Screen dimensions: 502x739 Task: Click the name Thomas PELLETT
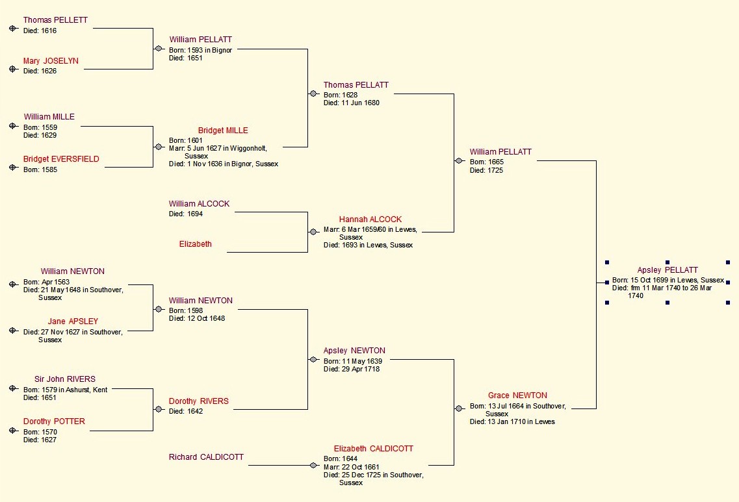pyautogui.click(x=55, y=20)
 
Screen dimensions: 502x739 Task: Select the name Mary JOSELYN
pyautogui.click(x=51, y=61)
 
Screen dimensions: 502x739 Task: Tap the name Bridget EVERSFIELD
pyautogui.click(x=61, y=159)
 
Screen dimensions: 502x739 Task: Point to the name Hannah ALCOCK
pyautogui.click(x=370, y=220)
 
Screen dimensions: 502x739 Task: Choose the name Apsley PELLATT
pyautogui.click(x=668, y=270)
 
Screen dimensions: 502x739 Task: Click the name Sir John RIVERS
pyautogui.click(x=65, y=379)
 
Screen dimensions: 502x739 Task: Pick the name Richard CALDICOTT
pyautogui.click(x=206, y=457)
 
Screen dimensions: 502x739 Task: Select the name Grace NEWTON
pyautogui.click(x=517, y=395)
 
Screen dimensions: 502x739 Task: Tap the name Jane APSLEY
pyautogui.click(x=73, y=321)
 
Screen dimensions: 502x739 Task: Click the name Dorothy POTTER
pyautogui.click(x=54, y=421)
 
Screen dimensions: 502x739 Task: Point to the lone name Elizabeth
pyautogui.click(x=196, y=244)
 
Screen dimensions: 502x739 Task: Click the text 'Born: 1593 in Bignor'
pyautogui.click(x=200, y=50)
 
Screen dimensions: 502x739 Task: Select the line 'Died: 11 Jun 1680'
pyautogui.click(x=352, y=103)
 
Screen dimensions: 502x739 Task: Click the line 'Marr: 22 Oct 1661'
pyautogui.click(x=352, y=467)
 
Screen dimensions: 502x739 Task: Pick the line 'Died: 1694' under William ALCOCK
pyautogui.click(x=186, y=214)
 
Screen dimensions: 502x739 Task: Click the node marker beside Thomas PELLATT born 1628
pyautogui.click(x=313, y=94)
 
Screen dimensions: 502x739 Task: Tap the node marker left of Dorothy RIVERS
pyautogui.click(x=159, y=409)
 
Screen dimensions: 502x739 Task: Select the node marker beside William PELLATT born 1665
pyautogui.click(x=460, y=160)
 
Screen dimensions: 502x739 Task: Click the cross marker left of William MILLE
pyautogui.click(x=12, y=126)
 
